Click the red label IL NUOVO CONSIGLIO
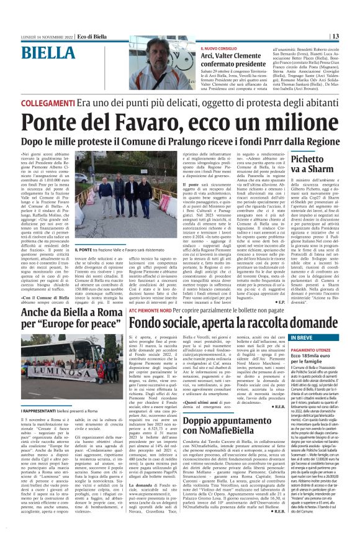[x=219, y=47]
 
